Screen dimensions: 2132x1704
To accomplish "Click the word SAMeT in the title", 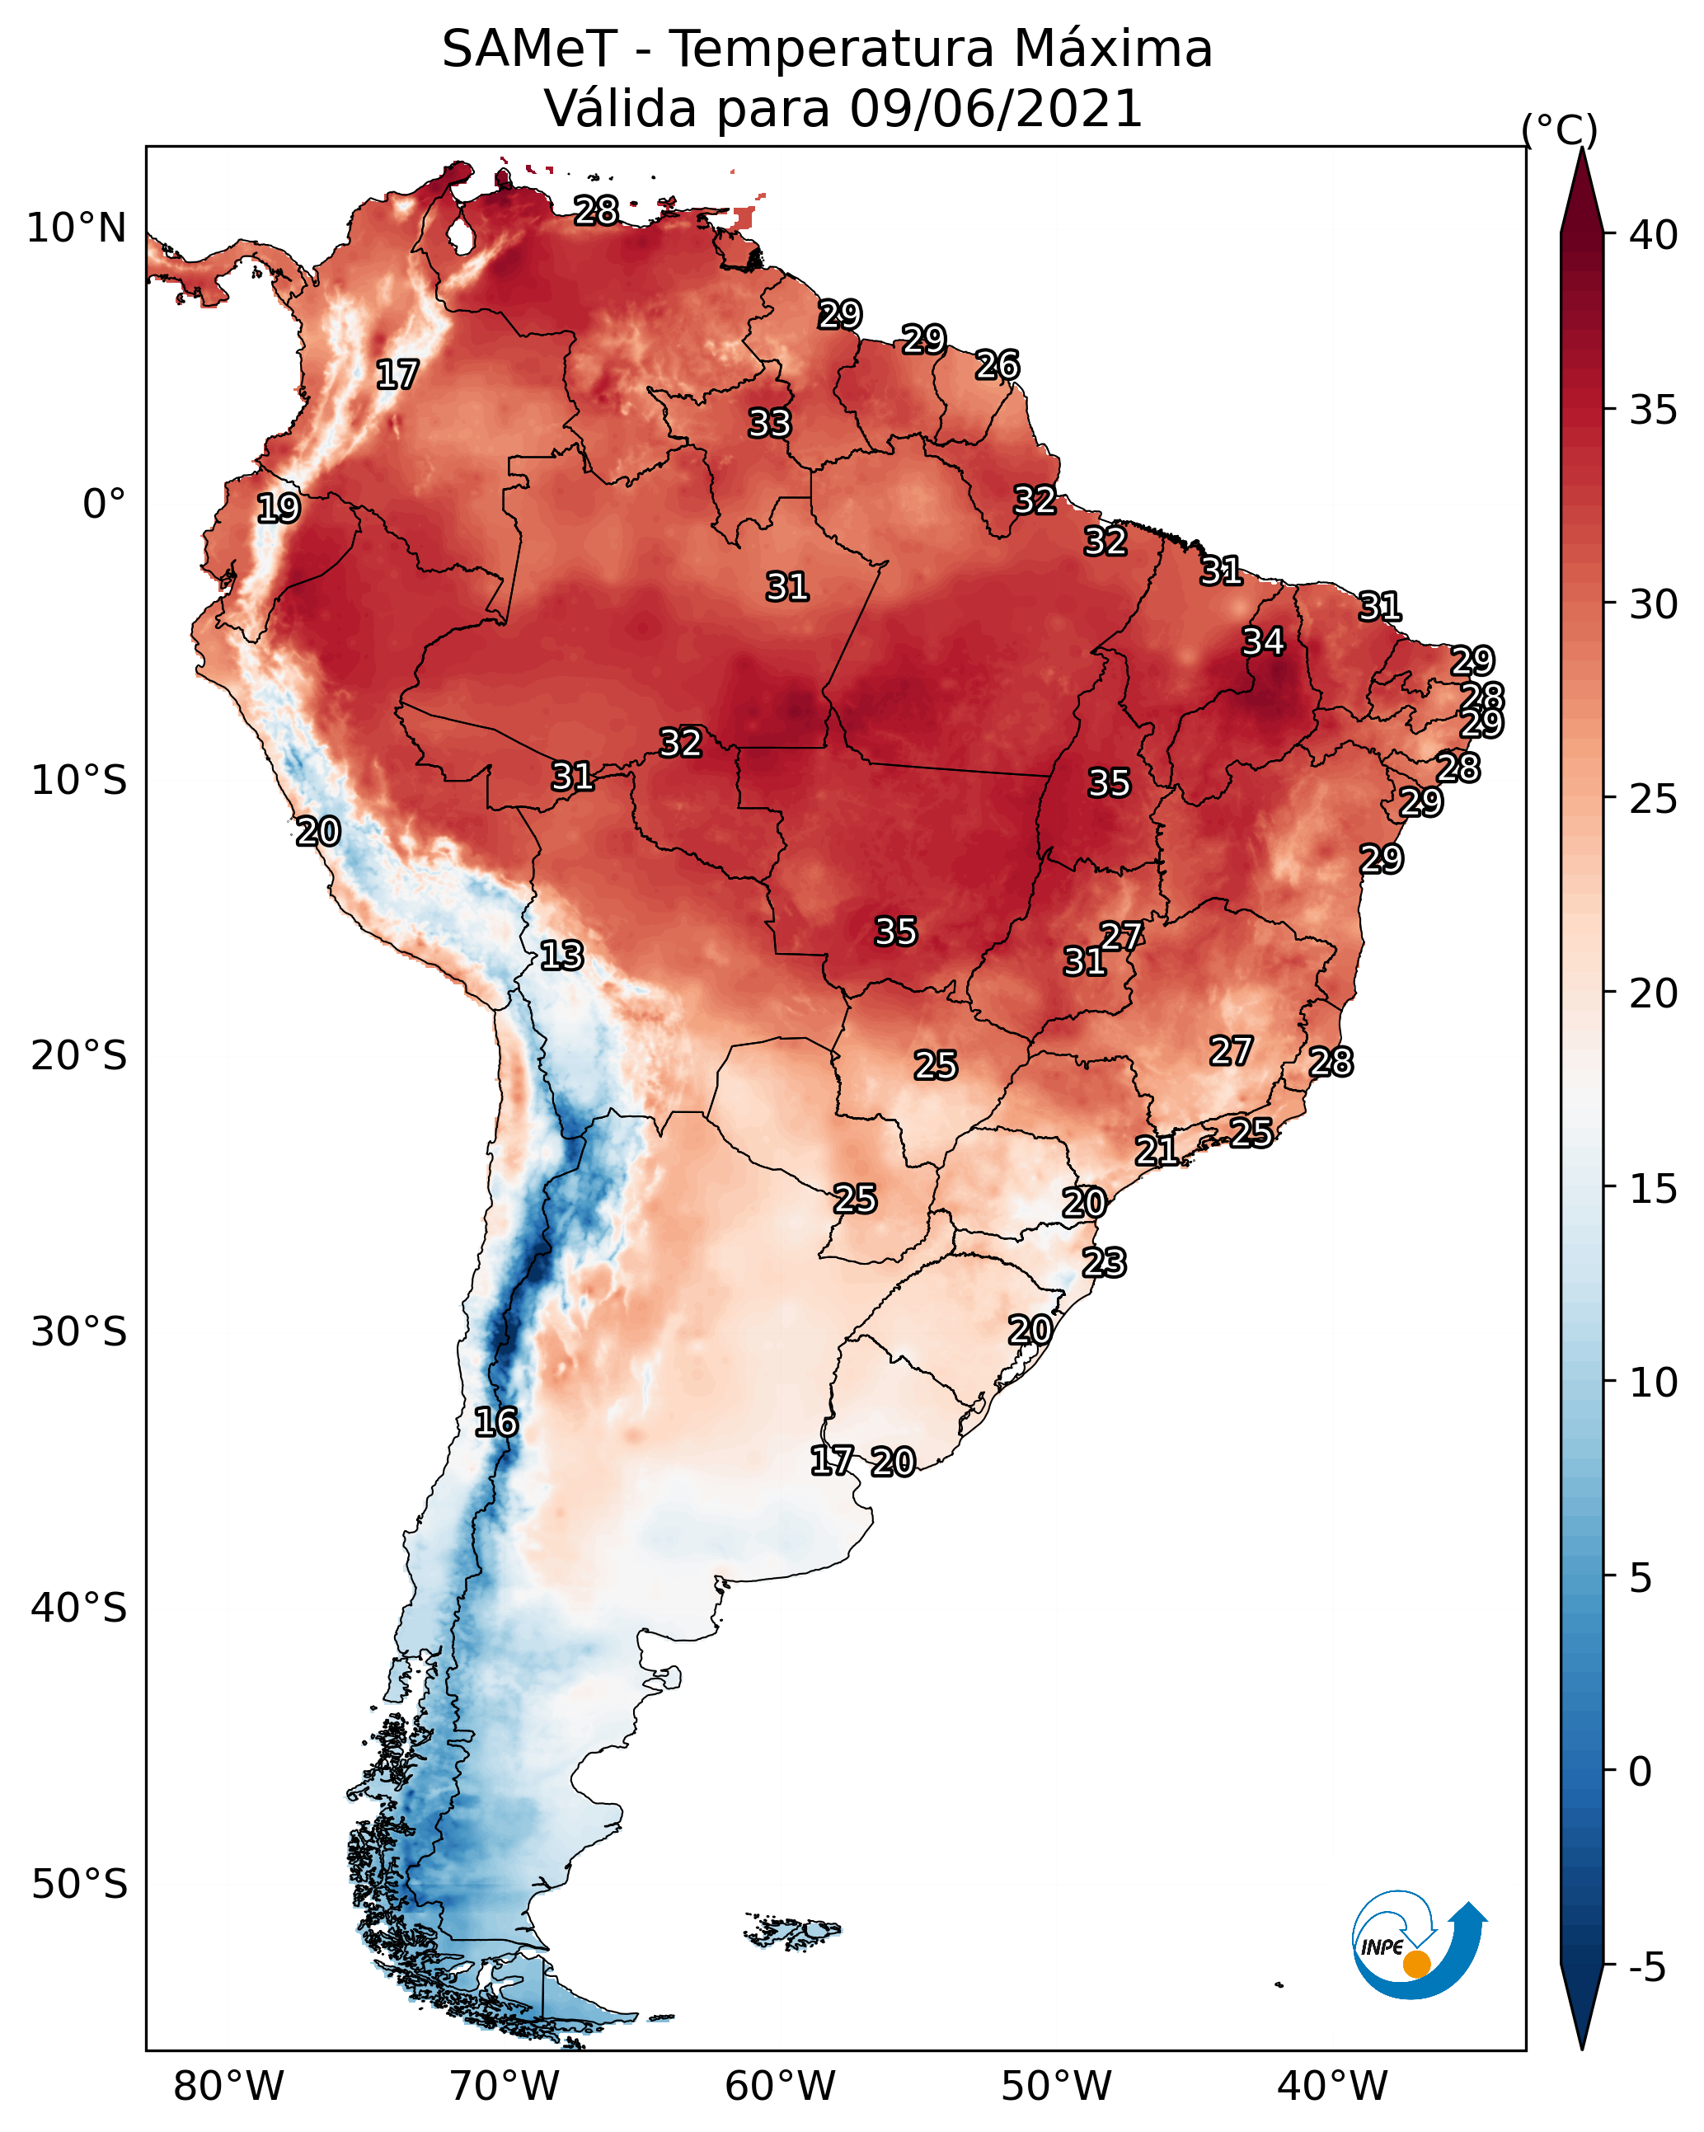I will click(x=529, y=49).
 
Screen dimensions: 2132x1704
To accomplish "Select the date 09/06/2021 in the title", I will click(x=995, y=109).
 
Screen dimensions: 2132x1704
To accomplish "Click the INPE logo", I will click(x=1418, y=1947).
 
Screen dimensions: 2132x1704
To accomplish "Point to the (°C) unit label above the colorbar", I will click(x=1559, y=129).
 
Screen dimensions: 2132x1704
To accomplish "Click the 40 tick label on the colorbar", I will click(x=1654, y=235).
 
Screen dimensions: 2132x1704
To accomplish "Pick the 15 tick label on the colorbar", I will click(x=1654, y=1189).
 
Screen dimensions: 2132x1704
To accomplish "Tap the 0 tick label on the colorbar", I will click(x=1640, y=1772).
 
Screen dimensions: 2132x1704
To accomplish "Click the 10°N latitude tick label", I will click(x=76, y=228).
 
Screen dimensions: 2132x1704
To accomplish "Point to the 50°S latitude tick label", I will click(x=79, y=1884).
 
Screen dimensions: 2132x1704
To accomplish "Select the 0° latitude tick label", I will click(x=104, y=505).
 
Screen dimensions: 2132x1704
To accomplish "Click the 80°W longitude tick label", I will click(x=228, y=2087).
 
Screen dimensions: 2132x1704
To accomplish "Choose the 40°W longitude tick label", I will click(x=1332, y=2087).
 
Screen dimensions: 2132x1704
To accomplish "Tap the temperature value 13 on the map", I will click(x=561, y=956).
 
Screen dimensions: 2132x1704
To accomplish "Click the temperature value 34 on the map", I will click(x=1263, y=641).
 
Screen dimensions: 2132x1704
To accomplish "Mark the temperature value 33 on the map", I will click(x=769, y=423).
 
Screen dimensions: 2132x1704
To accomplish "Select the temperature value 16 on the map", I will click(x=495, y=1422).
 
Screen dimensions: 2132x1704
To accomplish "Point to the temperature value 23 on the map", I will click(x=1104, y=1263).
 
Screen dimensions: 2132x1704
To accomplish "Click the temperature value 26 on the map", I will click(x=997, y=365).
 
